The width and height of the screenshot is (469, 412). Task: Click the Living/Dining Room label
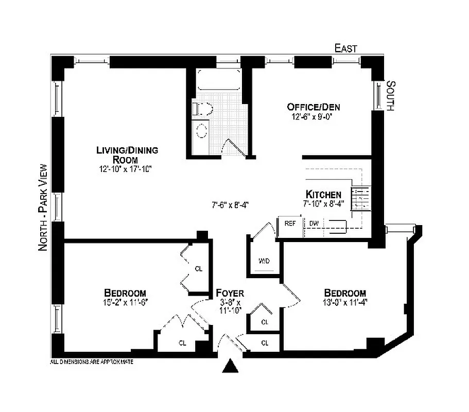[x=127, y=154]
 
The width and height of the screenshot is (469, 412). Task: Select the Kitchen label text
[x=323, y=194]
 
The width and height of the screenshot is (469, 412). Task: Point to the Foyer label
[x=230, y=294]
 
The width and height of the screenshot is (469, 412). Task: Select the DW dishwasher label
[x=314, y=224]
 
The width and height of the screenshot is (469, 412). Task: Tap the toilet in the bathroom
[x=200, y=108]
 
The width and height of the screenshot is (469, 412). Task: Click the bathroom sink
[x=201, y=131]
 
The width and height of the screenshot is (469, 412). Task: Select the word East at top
[x=345, y=48]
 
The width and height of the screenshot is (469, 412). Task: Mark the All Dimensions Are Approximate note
[x=92, y=362]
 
